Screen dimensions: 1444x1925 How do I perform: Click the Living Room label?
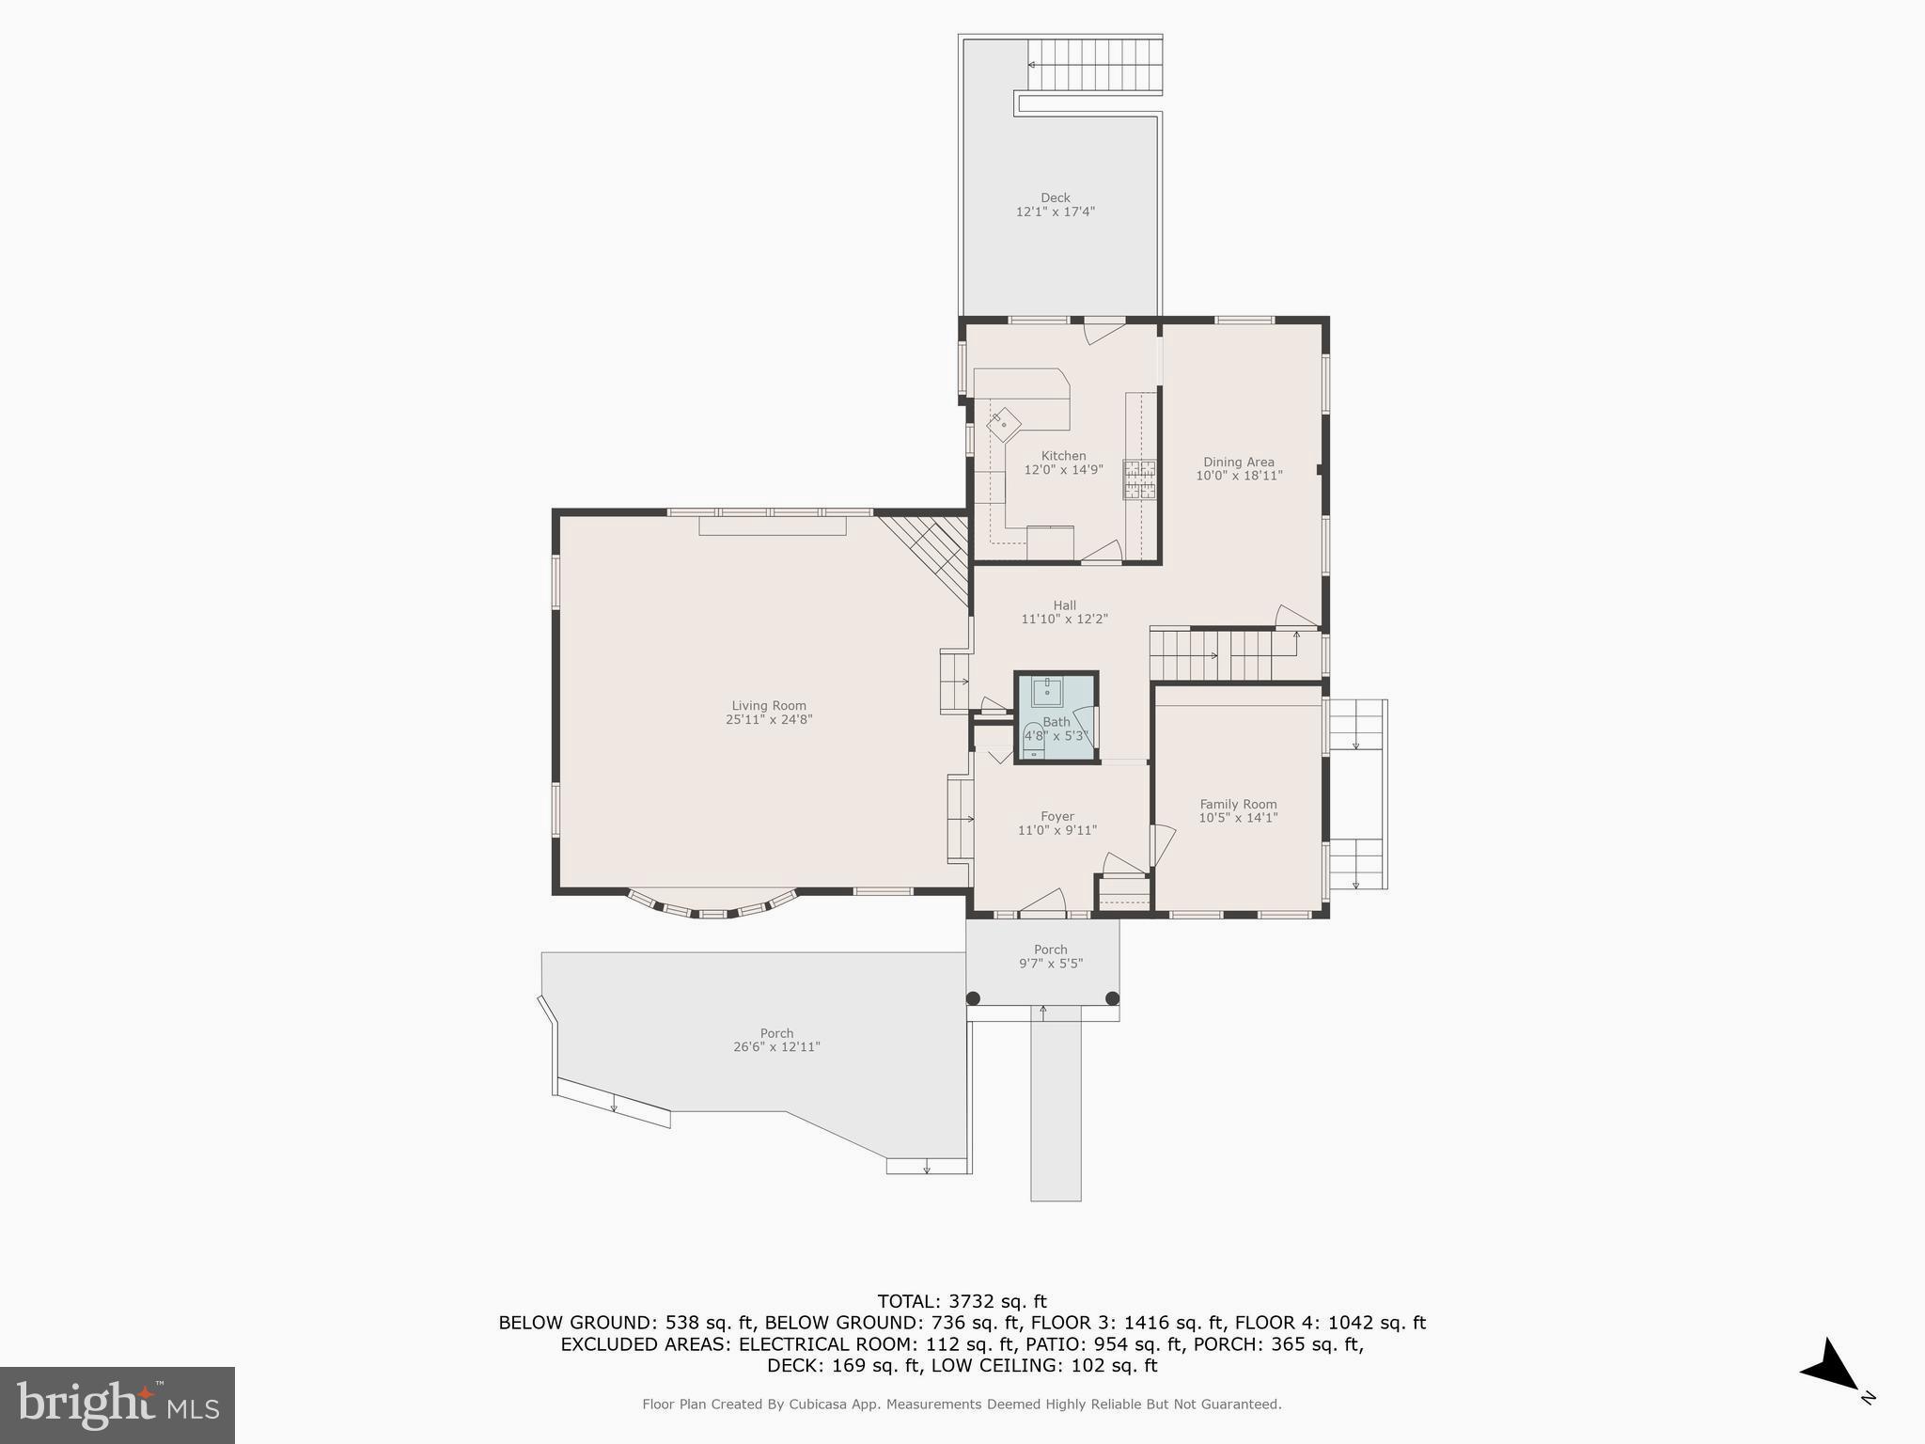(769, 706)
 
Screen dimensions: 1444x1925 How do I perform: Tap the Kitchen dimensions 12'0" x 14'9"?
(1063, 470)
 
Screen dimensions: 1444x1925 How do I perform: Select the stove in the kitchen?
(1140, 479)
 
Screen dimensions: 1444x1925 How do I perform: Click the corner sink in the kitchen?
(1003, 424)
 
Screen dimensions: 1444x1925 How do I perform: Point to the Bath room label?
(1056, 722)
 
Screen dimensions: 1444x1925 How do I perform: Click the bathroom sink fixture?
(1047, 692)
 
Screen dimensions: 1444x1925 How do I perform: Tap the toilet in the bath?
(1033, 742)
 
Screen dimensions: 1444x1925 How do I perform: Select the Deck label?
(1055, 197)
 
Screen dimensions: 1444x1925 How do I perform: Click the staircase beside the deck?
(1095, 65)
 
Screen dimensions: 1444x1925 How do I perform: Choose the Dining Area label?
(1238, 462)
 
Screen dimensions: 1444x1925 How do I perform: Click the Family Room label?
(1238, 804)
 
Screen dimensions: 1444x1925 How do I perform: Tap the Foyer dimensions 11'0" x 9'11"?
(1056, 830)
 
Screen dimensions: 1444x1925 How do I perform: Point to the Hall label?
(1064, 605)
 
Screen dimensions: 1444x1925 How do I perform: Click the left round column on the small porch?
(973, 998)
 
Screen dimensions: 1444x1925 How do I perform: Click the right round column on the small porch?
(1112, 998)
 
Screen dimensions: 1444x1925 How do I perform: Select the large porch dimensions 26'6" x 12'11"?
(776, 1047)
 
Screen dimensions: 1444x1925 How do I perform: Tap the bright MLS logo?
(117, 1405)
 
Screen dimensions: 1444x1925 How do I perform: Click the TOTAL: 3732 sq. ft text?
(962, 1302)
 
